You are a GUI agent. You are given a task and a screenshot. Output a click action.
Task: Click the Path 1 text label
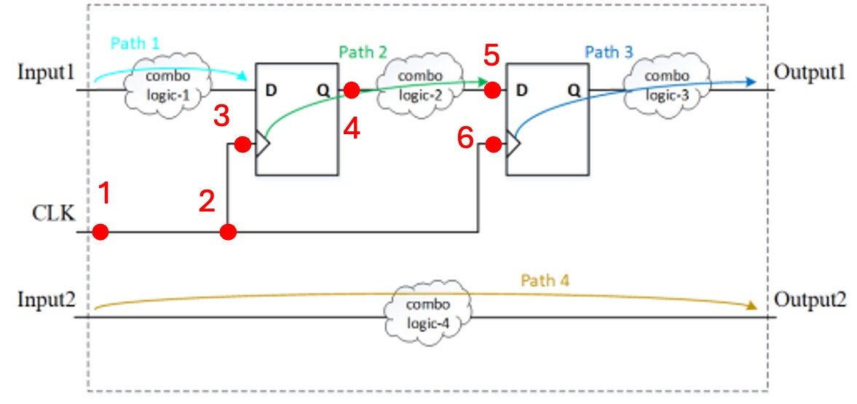click(x=135, y=44)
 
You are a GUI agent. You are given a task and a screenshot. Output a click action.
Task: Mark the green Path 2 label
click(x=363, y=53)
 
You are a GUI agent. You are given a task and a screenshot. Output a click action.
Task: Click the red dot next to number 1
click(x=100, y=233)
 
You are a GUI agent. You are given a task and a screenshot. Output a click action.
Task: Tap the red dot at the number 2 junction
click(x=228, y=233)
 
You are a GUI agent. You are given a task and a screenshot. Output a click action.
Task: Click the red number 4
click(x=352, y=128)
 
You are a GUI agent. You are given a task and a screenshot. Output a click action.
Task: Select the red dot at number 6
click(x=494, y=145)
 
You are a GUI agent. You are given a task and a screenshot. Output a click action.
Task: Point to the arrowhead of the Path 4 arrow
click(x=752, y=307)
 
